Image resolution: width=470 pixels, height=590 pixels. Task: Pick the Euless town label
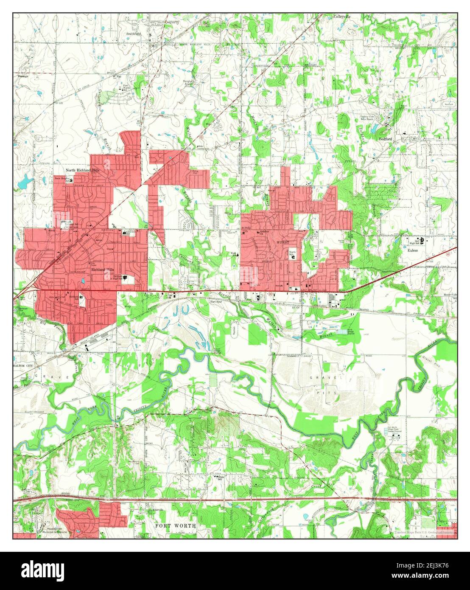pyautogui.click(x=413, y=250)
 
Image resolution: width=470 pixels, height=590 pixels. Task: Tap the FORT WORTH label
pyautogui.click(x=175, y=525)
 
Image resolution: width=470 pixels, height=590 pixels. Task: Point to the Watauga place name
pyautogui.click(x=23, y=76)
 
